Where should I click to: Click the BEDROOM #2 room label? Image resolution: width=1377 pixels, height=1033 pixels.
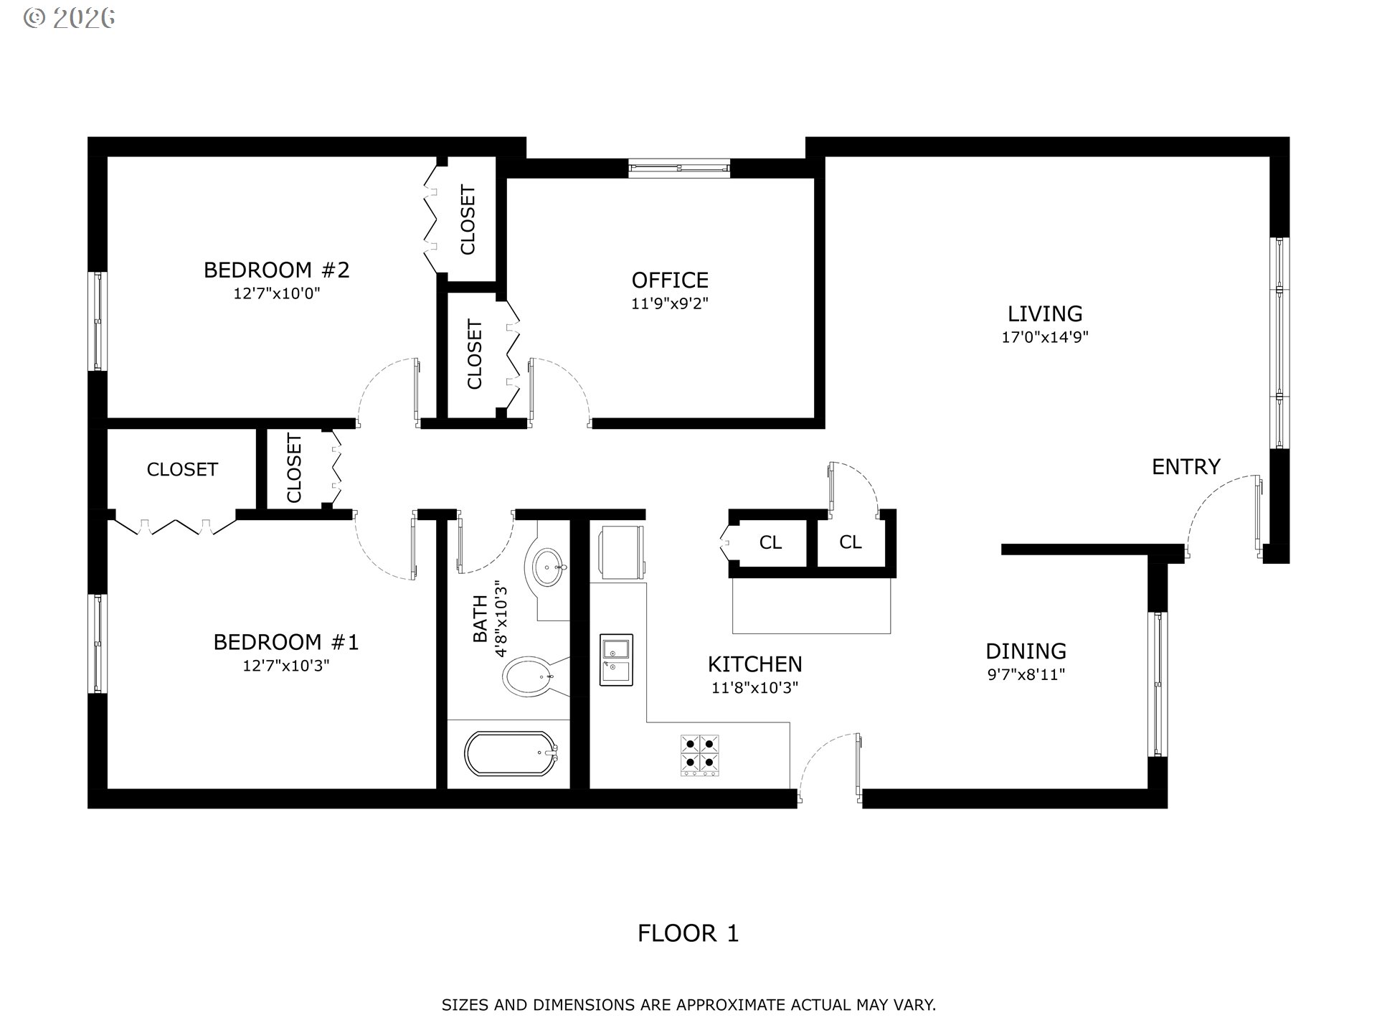276,270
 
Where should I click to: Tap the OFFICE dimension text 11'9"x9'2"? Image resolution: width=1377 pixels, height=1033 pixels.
670,303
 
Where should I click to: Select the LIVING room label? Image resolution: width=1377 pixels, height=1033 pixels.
1045,313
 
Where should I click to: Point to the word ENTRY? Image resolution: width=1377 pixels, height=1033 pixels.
1186,467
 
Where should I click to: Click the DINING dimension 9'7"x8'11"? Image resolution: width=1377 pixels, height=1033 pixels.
1026,674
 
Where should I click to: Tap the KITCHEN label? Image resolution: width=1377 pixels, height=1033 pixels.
754,664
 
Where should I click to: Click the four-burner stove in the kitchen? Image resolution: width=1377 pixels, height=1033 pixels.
700,755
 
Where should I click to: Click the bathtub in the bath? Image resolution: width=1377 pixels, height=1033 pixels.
511,753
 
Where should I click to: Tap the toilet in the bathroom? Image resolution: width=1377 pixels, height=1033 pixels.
529,676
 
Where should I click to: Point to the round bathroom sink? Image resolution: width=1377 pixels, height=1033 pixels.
549,567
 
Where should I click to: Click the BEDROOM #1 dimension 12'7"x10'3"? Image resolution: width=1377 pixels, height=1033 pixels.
286,666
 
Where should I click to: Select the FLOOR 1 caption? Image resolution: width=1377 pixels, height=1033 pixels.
688,933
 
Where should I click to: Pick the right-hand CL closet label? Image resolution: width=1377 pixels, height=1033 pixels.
851,542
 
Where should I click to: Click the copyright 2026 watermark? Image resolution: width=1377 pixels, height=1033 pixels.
69,18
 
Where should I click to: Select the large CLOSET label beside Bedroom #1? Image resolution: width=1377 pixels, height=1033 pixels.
182,469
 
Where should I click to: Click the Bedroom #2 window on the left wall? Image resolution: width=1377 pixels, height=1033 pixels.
98,321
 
